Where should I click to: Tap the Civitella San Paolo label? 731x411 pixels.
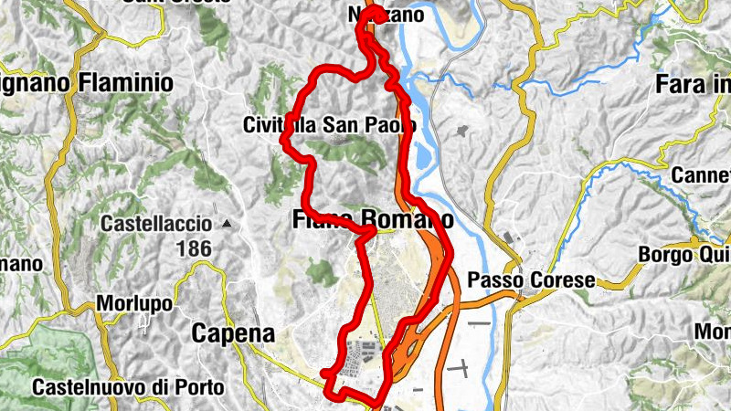[330, 124]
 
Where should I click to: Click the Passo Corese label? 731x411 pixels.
[531, 279]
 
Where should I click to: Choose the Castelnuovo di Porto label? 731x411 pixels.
[128, 387]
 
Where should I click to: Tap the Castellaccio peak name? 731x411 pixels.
[157, 224]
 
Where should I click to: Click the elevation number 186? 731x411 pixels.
[194, 248]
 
